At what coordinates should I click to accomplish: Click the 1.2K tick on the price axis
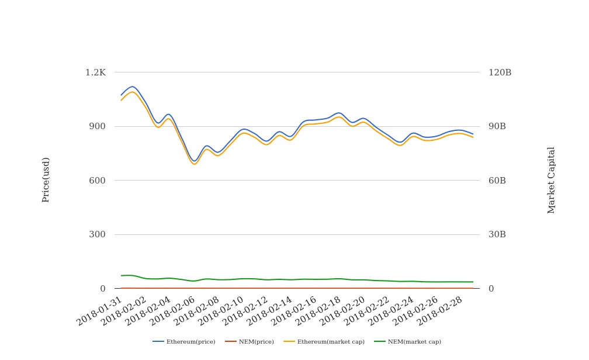[x=95, y=72]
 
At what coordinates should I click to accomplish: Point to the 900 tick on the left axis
[x=98, y=126]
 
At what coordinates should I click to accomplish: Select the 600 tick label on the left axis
[x=98, y=181]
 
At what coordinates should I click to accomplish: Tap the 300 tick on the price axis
[x=98, y=234]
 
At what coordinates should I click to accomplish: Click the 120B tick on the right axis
[x=500, y=72]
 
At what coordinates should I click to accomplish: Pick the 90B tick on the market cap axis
[x=497, y=126]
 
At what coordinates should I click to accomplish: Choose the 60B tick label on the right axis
[x=497, y=181]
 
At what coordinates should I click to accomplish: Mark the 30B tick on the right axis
[x=497, y=234]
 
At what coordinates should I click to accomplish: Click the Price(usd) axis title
[x=46, y=179]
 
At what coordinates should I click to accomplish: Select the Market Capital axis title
[x=552, y=180]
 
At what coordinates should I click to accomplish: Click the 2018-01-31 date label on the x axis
[x=100, y=311]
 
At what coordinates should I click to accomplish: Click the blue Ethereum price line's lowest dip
[x=195, y=161]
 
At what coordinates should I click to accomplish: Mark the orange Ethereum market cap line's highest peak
[x=132, y=92]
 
